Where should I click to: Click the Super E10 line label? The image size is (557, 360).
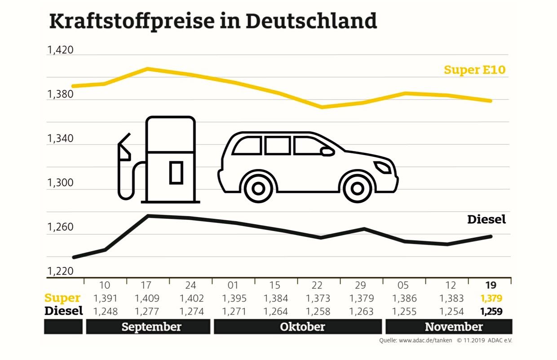point(474,70)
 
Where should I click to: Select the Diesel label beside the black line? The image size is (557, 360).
point(486,219)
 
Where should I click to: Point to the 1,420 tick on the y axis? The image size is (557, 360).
point(60,50)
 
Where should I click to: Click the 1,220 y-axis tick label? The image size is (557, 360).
point(60,271)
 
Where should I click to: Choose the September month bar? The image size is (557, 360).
point(148,327)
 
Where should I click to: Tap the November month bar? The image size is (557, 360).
point(448,327)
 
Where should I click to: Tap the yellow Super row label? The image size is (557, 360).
point(62,298)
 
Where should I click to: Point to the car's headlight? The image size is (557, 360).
point(383,168)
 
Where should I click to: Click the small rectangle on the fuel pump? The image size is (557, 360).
point(176,173)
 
